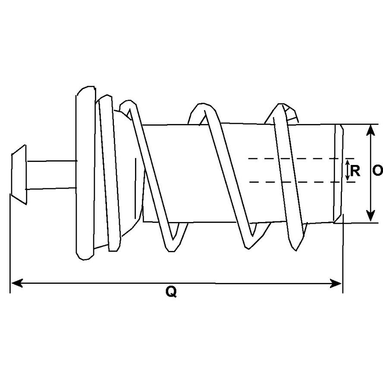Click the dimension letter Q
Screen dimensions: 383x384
(x=171, y=292)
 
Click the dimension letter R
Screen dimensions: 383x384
(x=355, y=171)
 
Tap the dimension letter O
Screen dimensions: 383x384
(x=378, y=171)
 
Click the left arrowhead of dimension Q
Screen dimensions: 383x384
(x=17, y=283)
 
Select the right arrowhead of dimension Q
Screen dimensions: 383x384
(x=336, y=283)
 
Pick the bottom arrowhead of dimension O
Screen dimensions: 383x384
(x=371, y=216)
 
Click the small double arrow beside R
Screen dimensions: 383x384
(x=348, y=170)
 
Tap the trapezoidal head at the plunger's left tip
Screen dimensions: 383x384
(x=19, y=174)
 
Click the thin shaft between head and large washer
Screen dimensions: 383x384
(x=51, y=175)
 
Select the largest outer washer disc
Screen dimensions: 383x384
(x=85, y=173)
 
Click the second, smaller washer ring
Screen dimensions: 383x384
(x=110, y=173)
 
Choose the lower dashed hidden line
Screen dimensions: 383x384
(x=302, y=182)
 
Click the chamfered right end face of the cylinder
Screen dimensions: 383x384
(x=339, y=174)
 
